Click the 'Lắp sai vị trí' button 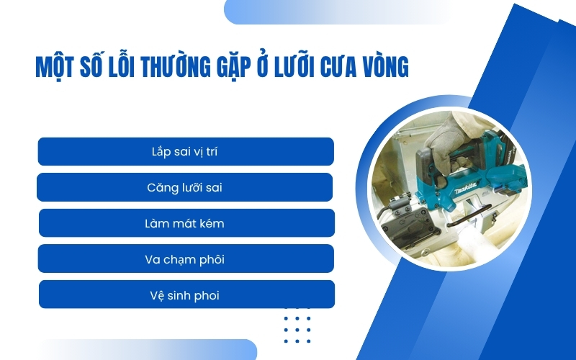[185, 152]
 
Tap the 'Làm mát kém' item [185, 223]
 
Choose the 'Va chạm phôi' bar [185, 258]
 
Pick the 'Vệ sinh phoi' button [185, 294]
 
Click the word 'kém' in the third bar [212, 223]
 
